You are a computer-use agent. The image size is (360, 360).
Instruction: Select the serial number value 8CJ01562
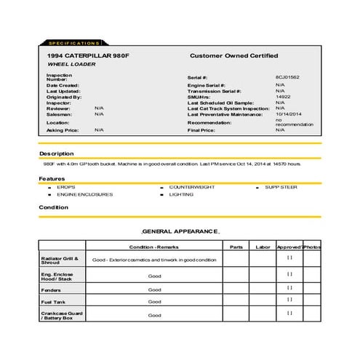point(287,77)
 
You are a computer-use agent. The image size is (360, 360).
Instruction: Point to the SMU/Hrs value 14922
point(283,96)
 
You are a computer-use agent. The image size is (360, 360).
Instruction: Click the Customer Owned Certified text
point(233,56)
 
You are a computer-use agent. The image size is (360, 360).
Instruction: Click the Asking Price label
point(61,130)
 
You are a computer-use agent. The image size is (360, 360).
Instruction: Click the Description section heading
point(56,154)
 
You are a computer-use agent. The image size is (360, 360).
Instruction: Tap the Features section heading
point(52,179)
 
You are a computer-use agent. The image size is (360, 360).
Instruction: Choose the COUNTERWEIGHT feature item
point(192,187)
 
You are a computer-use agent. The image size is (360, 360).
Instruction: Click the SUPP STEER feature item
point(281,187)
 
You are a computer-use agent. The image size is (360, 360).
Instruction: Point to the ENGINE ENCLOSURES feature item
point(84,194)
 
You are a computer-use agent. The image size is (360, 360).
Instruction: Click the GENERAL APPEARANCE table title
point(180,231)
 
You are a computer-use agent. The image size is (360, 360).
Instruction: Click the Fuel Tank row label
point(53,301)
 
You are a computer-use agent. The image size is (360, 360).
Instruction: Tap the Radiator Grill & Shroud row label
point(60,259)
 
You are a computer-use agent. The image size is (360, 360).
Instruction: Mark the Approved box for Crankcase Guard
point(289,313)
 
